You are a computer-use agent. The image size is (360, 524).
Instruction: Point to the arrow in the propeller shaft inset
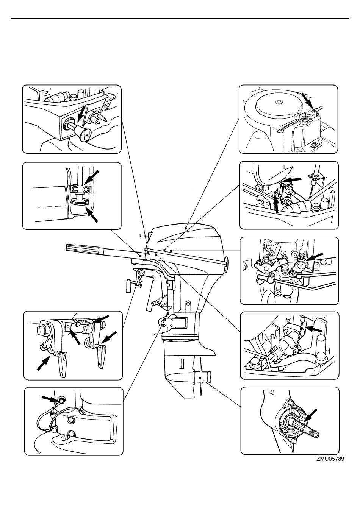tap(310, 416)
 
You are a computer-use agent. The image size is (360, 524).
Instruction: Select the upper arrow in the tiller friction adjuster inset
tap(92, 178)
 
